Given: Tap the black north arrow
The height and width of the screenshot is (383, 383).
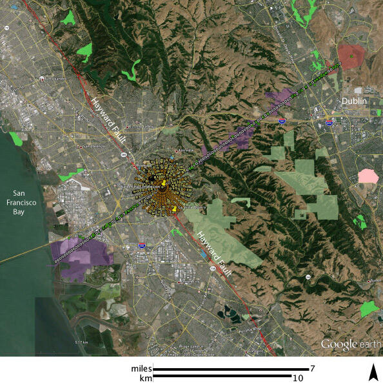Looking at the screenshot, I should [372, 373].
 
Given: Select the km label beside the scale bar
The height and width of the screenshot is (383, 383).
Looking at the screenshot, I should [146, 377].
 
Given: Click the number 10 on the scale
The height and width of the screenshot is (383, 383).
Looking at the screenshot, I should [299, 377].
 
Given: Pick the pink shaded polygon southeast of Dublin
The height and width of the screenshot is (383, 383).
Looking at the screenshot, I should [368, 176].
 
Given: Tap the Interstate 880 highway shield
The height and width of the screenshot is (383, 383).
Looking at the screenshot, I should [142, 245].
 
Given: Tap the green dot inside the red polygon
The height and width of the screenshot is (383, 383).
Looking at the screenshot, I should [351, 57].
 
